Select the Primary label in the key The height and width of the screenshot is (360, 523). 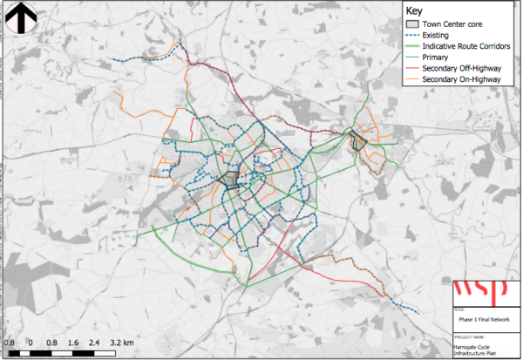coord(436,58)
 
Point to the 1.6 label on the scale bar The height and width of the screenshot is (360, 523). coord(73,343)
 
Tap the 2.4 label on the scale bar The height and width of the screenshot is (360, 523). coord(94,343)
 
